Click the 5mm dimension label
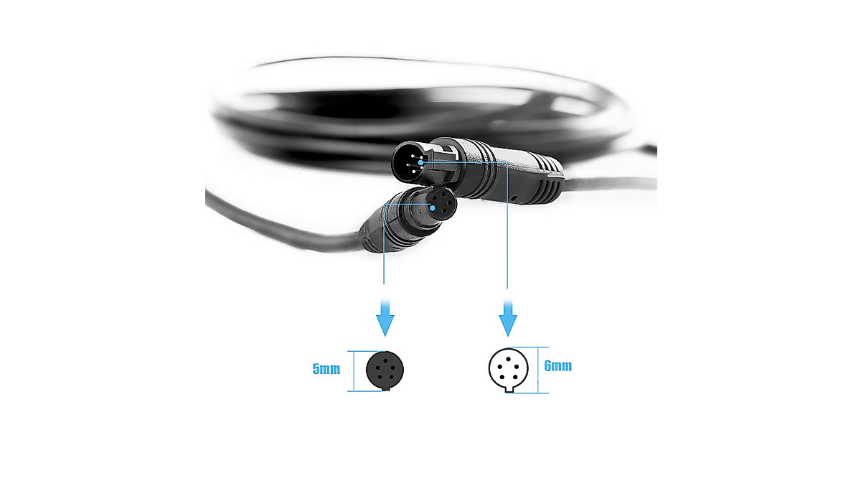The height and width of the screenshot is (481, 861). tap(326, 370)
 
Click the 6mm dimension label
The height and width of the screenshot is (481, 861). tap(558, 366)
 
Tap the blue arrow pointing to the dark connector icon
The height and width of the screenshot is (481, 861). tap(385, 317)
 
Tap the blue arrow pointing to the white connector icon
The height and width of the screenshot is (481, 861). tap(508, 317)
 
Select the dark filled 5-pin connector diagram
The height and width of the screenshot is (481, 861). tap(385, 370)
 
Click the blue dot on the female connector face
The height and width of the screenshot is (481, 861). tap(433, 207)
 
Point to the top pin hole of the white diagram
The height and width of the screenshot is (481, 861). tap(509, 357)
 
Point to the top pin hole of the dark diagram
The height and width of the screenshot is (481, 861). tap(385, 358)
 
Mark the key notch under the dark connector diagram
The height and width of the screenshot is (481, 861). tap(385, 388)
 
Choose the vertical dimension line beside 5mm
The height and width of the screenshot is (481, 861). tap(349, 370)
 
